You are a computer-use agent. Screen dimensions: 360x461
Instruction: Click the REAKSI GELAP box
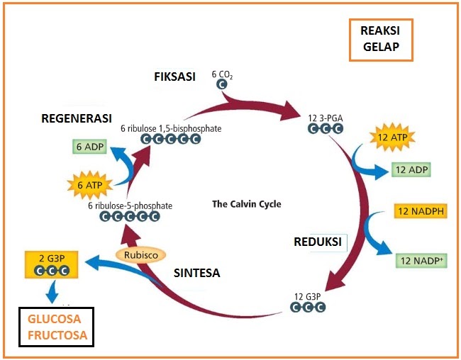tap(379, 39)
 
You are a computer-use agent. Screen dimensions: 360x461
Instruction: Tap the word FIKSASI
tap(174, 77)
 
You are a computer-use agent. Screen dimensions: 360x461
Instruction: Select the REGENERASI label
tap(77, 118)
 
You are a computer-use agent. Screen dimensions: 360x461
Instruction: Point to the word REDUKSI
tap(318, 242)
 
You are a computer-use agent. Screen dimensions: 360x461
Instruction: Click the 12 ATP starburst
tap(392, 137)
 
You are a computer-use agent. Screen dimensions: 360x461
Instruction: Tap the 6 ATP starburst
tap(90, 185)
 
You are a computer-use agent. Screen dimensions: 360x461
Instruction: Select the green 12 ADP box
tap(411, 170)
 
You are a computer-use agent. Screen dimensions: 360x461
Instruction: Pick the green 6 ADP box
tap(89, 147)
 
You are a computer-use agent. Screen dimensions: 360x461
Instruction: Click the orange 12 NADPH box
tap(420, 211)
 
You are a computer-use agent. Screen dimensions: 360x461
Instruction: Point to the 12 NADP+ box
tap(421, 259)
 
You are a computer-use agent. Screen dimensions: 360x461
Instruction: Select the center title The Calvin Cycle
tap(247, 204)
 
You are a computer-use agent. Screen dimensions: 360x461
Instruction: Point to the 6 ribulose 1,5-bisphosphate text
tap(170, 128)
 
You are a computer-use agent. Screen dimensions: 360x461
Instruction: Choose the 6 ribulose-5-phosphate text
tap(130, 206)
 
